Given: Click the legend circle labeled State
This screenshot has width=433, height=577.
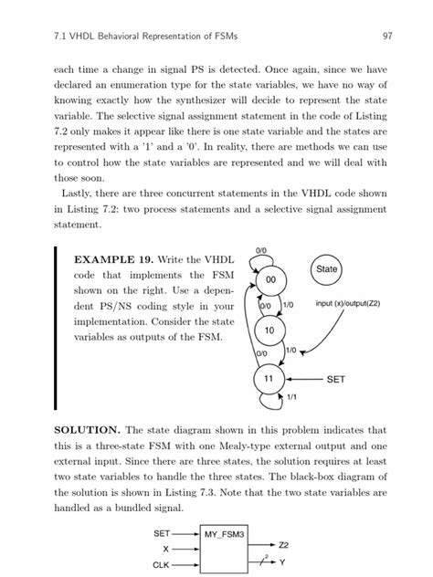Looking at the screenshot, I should point(326,269).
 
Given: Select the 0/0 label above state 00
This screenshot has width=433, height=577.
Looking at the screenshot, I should point(261,249).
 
